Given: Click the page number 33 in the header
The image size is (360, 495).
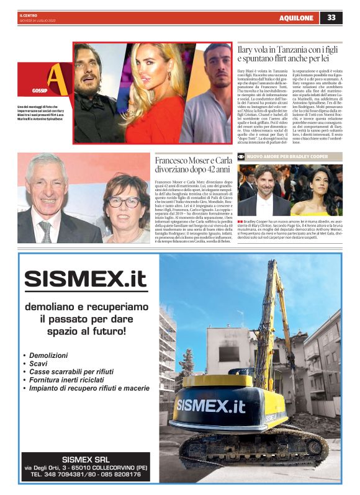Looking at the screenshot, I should (331, 17).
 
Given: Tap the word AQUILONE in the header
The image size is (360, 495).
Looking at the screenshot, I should (296, 18).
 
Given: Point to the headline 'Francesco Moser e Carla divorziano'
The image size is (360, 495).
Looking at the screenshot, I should (192, 165).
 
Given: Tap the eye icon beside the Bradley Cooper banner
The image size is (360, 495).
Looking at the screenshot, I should (241, 158).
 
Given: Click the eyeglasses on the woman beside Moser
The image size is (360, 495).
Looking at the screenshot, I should (124, 202).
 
